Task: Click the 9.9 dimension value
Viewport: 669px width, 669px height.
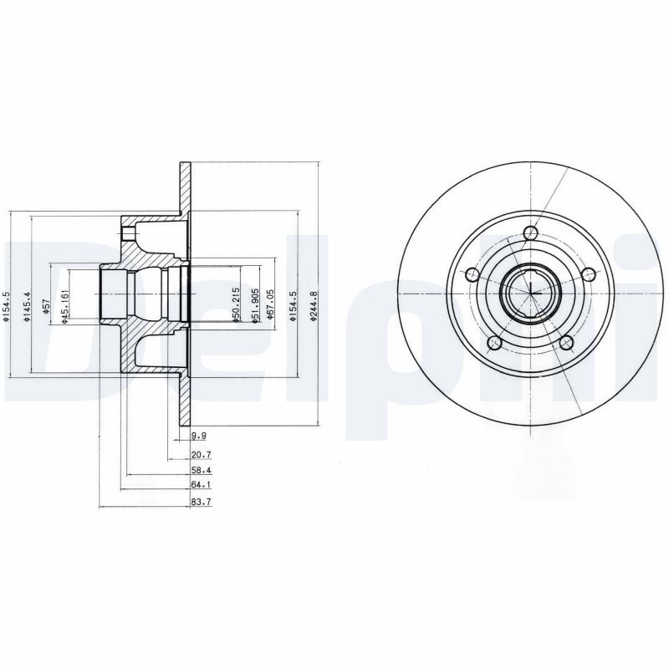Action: click(x=198, y=437)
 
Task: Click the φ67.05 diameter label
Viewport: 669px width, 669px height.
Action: click(x=269, y=305)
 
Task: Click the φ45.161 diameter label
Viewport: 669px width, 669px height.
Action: click(x=65, y=307)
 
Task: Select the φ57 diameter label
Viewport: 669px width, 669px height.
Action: click(x=48, y=306)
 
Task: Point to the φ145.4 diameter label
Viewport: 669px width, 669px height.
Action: click(x=27, y=307)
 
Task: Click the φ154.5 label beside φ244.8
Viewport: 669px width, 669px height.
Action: click(x=293, y=307)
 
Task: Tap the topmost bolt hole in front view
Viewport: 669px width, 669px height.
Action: click(x=529, y=233)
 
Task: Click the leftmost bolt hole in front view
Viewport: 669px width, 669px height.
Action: click(x=471, y=274)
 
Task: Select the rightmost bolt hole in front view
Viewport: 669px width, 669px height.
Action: click(x=589, y=273)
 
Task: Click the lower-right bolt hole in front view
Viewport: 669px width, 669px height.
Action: click(x=567, y=342)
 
